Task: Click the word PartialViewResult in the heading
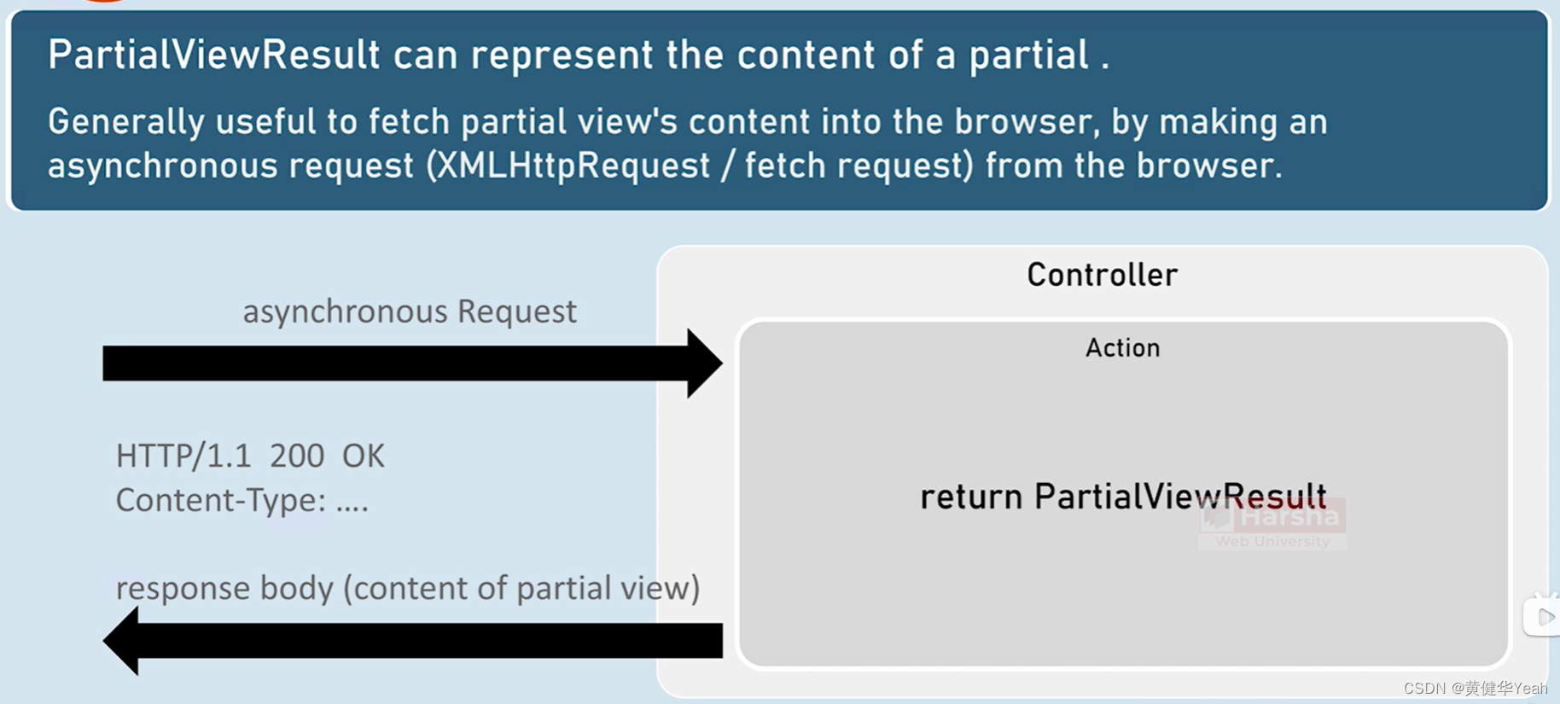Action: pos(213,55)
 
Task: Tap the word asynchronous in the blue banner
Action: pos(162,166)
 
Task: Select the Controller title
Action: pos(1102,275)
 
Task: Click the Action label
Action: pos(1122,348)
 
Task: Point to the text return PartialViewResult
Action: pos(1122,497)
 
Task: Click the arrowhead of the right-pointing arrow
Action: pos(705,364)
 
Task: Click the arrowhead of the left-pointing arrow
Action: pos(121,640)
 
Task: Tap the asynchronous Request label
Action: pos(410,311)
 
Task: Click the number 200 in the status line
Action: pos(296,457)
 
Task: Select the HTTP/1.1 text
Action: pos(183,457)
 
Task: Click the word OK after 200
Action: pos(363,457)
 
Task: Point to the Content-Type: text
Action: pos(220,500)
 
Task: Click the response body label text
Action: pos(408,588)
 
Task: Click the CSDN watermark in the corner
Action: pos(1475,689)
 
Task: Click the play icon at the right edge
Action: pos(1543,617)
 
